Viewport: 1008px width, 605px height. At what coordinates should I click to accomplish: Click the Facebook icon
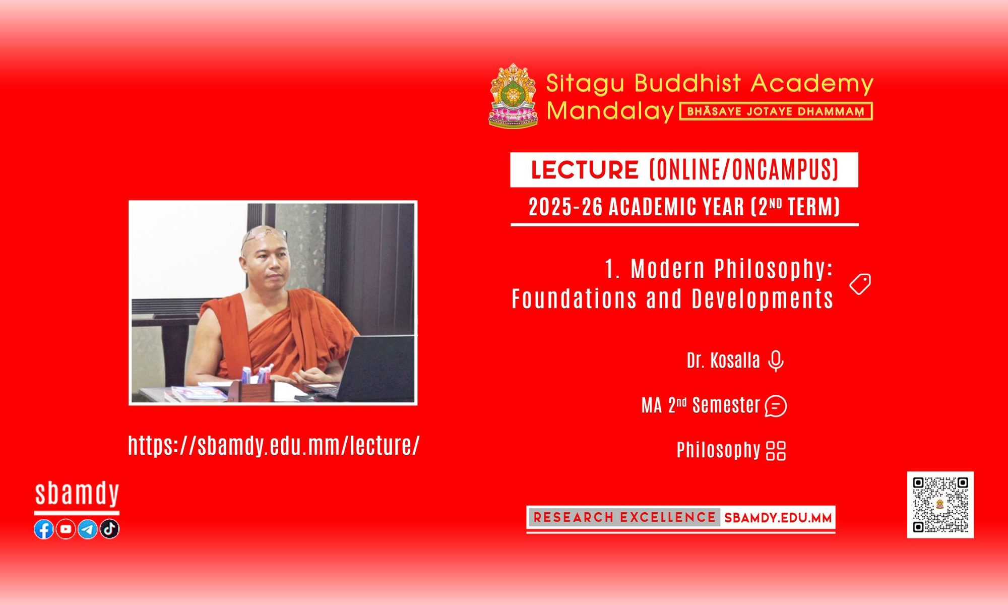44,529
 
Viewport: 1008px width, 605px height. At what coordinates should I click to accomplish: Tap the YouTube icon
66,529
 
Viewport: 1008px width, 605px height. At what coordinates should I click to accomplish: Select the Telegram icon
88,529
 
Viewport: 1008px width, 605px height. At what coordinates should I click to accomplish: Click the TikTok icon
109,529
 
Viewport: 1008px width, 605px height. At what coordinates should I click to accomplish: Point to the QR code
940,505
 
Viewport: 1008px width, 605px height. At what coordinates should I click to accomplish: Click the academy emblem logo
513,95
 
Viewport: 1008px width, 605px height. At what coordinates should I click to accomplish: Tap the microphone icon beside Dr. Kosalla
776,361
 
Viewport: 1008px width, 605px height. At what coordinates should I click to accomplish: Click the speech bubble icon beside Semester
776,406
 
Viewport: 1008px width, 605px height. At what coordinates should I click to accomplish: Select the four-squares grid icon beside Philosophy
776,451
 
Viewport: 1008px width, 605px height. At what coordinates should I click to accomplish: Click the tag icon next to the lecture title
860,284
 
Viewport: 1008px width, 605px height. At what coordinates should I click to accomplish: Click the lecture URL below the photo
274,446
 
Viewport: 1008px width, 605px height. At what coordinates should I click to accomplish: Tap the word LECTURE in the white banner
585,170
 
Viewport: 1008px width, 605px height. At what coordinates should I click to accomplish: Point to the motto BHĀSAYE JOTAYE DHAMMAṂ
776,111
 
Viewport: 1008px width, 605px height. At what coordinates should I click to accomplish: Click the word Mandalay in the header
610,111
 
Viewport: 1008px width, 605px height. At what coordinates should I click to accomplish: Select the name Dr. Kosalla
723,360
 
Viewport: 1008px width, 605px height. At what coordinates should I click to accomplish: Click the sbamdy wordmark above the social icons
77,494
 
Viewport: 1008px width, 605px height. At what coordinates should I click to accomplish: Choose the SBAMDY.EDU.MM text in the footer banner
778,518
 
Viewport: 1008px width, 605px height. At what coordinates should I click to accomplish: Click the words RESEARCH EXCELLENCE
624,517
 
